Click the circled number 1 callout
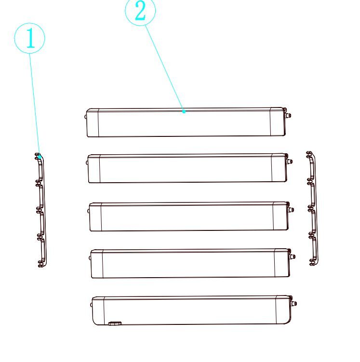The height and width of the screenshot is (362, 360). tap(29, 38)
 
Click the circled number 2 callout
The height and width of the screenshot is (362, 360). tap(140, 11)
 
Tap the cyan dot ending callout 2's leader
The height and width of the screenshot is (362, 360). tap(184, 111)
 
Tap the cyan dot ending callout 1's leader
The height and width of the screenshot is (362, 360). tap(40, 157)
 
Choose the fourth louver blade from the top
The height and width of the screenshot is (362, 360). tap(191, 263)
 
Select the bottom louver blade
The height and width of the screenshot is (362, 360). tap(193, 310)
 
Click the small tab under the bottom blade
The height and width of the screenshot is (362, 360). tap(115, 323)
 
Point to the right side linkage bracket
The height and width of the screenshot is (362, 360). tap(313, 208)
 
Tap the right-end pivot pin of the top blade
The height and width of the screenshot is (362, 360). tap(288, 115)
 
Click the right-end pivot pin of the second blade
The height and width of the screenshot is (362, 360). tap(290, 161)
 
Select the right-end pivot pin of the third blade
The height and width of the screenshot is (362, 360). tap(291, 210)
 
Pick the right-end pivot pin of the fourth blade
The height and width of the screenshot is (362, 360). tap(293, 256)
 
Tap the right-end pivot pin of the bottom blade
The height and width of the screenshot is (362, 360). tap(294, 303)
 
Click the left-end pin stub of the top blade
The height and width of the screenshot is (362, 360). tap(86, 117)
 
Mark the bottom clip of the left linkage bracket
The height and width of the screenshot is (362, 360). tap(41, 264)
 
